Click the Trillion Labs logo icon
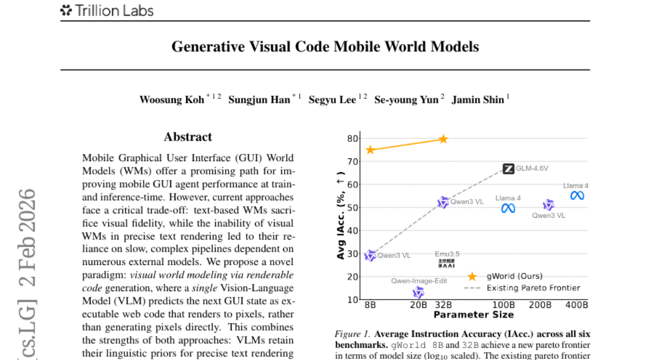[66, 10]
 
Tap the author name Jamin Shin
[477, 100]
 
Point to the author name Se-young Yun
[406, 100]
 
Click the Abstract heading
[188, 137]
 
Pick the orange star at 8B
[370, 150]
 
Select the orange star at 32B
[443, 138]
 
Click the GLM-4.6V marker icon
[508, 168]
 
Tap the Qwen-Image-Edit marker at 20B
[419, 292]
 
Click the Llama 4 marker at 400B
[577, 196]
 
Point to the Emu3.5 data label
[447, 254]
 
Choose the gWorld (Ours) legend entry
[514, 276]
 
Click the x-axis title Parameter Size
[474, 315]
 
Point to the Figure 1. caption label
[352, 334]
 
